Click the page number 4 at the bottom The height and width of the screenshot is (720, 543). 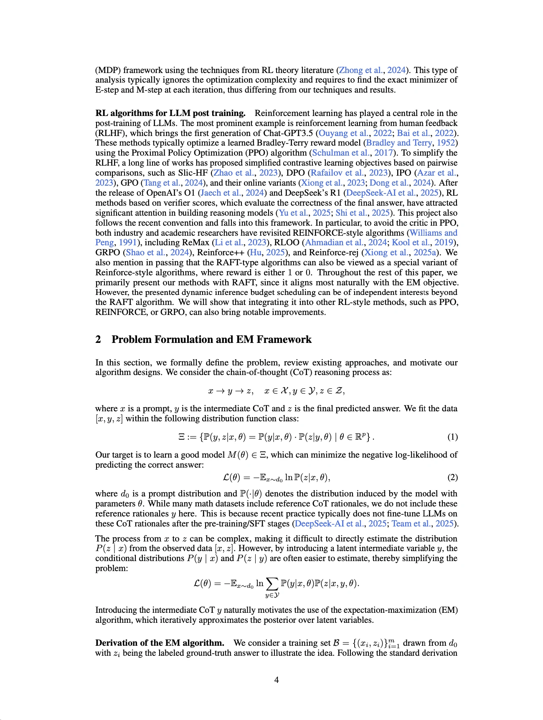(x=277, y=680)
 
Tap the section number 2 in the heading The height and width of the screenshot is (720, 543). (x=98, y=340)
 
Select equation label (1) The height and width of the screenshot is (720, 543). (x=452, y=437)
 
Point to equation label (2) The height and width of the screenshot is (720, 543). (x=452, y=477)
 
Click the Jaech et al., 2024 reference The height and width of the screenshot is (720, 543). (x=232, y=193)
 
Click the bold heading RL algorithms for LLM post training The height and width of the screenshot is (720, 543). (x=170, y=113)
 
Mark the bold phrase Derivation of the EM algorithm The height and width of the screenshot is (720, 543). (x=160, y=643)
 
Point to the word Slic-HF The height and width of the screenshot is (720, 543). (x=196, y=173)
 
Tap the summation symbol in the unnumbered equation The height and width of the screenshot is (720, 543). (x=272, y=583)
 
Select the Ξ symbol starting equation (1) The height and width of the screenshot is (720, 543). (x=181, y=437)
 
